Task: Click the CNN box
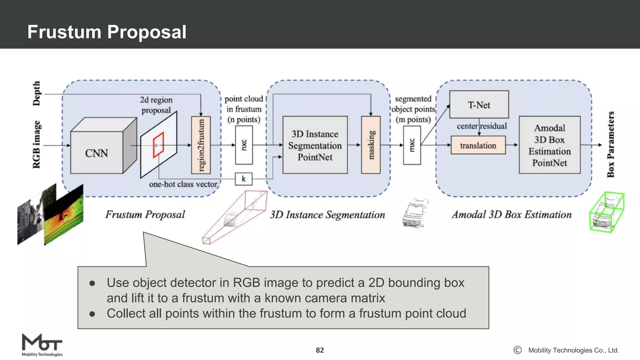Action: click(97, 152)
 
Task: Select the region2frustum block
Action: click(201, 145)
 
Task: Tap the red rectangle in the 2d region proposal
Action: click(158, 145)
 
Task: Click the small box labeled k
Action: click(243, 179)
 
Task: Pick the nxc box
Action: click(244, 145)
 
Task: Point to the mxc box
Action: click(412, 145)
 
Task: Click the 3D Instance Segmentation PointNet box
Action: click(315, 145)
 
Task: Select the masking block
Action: click(371, 145)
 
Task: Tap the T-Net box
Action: click(479, 105)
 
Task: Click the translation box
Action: click(478, 145)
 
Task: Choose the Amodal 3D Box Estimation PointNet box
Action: click(549, 145)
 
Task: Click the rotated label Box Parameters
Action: click(611, 144)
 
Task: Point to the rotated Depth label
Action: click(37, 93)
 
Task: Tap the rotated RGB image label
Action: click(37, 144)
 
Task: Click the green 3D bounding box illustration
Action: click(606, 212)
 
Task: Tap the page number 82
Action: click(320, 350)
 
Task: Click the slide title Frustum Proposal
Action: click(107, 32)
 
